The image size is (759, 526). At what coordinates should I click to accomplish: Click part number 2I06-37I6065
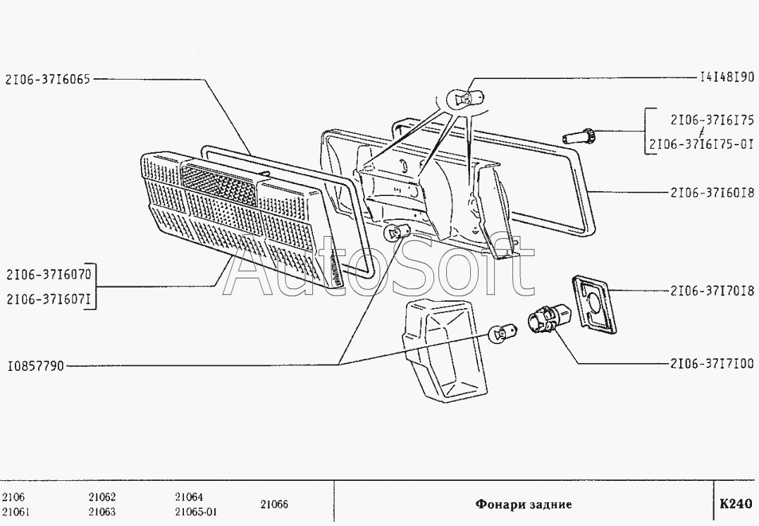point(47,80)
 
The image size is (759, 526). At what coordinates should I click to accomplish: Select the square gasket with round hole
point(593,301)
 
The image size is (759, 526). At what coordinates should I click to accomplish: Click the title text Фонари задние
point(523,504)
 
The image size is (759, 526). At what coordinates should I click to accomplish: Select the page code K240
point(736,504)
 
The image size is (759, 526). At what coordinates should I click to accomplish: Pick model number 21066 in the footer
point(275,504)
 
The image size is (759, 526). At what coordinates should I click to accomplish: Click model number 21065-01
point(196,512)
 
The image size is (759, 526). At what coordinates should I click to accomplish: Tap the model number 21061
point(16,512)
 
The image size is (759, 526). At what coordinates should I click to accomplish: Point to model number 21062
point(102,496)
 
